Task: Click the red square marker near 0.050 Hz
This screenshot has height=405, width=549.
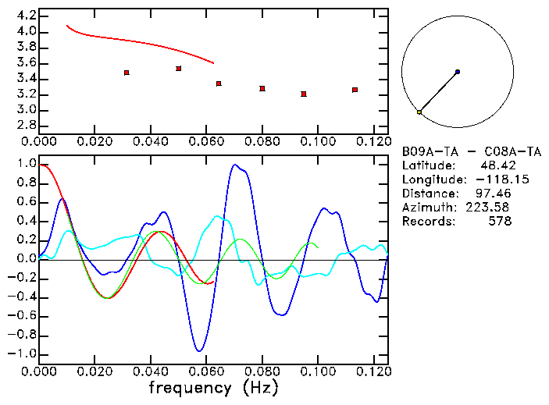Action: [179, 69]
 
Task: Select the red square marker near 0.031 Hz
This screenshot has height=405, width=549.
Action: [127, 73]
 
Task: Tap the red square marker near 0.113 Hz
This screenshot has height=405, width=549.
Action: [355, 90]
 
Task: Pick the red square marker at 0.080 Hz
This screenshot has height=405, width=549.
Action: [262, 88]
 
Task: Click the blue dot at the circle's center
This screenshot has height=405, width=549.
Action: [458, 72]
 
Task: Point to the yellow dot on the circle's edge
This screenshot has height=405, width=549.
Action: [419, 112]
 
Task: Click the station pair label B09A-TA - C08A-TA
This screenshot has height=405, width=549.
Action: [471, 151]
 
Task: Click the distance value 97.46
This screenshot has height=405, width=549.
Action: [496, 194]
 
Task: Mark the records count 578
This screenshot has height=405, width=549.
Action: [499, 222]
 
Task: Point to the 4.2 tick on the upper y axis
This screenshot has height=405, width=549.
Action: [26, 16]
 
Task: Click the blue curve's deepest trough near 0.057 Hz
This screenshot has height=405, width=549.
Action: [200, 350]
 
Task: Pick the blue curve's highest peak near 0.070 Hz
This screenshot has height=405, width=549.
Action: [234, 165]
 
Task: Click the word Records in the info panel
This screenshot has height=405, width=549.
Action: [426, 222]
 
